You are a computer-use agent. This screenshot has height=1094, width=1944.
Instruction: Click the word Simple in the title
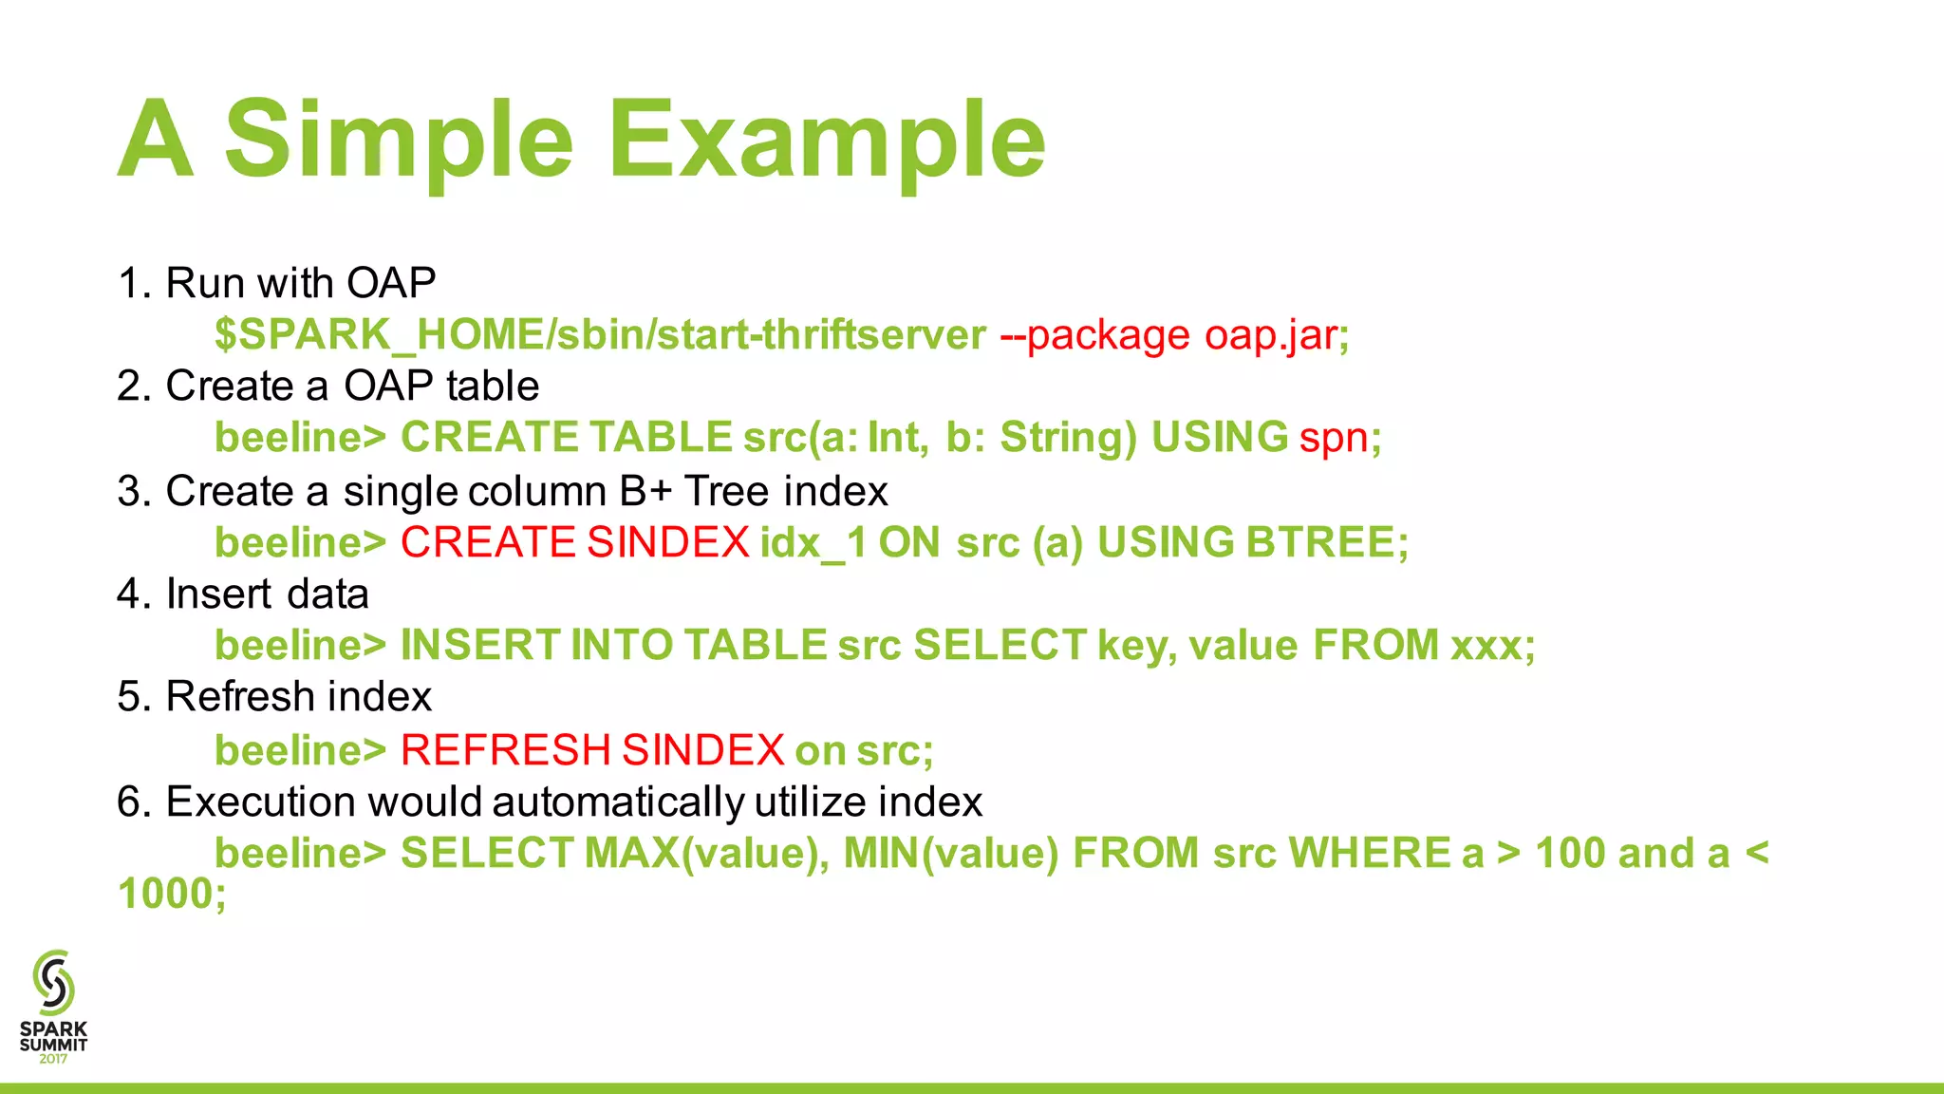399,141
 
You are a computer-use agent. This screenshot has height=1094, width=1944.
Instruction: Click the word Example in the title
826,141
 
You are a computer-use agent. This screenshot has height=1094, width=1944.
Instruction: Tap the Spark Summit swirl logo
53,982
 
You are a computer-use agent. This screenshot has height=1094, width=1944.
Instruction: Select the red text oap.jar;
1277,335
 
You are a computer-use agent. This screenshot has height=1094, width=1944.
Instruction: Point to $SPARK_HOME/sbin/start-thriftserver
600,335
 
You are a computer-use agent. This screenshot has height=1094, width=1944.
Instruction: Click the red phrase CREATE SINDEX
575,542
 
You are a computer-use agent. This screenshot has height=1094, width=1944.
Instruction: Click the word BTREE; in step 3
1327,542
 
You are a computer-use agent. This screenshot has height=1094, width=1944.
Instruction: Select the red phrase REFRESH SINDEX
592,750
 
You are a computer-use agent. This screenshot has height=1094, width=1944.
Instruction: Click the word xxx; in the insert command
1492,646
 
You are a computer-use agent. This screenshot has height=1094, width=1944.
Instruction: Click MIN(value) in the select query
950,853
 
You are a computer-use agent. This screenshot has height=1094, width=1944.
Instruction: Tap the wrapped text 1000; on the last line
172,894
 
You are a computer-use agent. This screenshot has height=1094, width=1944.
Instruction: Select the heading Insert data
267,594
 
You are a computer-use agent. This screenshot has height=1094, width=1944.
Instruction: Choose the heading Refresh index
298,697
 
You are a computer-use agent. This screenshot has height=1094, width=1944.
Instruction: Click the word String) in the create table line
1068,438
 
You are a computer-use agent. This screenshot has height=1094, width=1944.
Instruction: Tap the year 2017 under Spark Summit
53,1059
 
